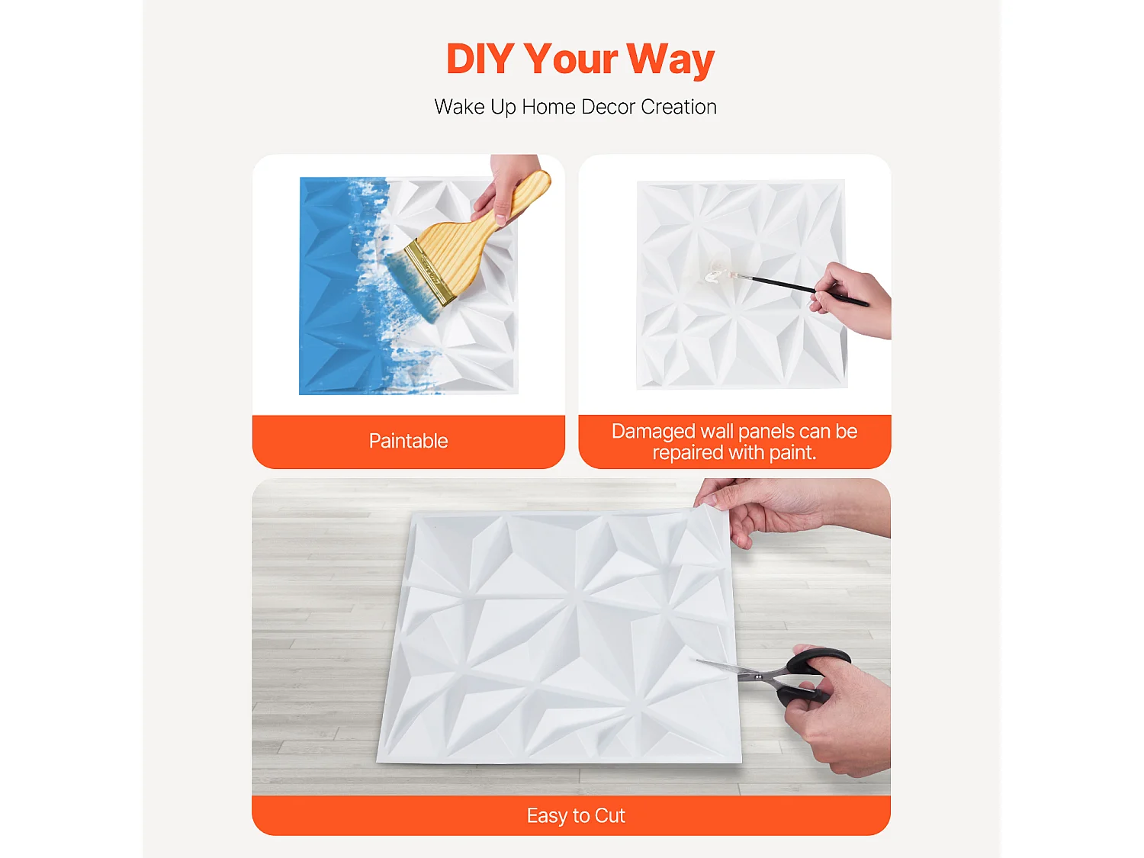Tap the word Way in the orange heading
[x=670, y=59]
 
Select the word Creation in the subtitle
[x=679, y=107]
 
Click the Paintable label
[x=408, y=441]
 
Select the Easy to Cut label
[x=576, y=816]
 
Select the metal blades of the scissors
[x=725, y=669]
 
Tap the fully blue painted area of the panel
[x=328, y=290]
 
